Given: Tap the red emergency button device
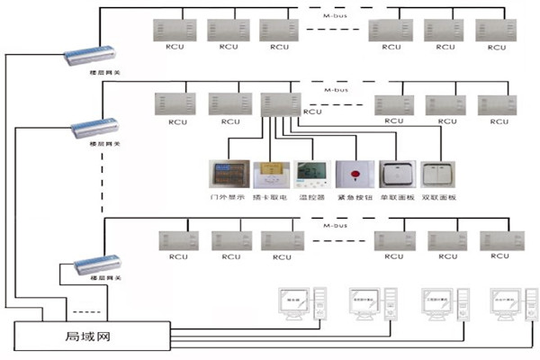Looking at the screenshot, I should pos(354,174).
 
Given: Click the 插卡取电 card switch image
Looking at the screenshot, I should pos(269,174).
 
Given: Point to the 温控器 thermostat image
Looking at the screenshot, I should pos(311,174).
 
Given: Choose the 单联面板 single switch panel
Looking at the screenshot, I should pos(396,174).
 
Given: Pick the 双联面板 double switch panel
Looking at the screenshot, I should pos(438,174).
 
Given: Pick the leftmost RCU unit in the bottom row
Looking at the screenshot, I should pos(175,240).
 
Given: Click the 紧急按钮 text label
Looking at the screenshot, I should pos(354,196).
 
